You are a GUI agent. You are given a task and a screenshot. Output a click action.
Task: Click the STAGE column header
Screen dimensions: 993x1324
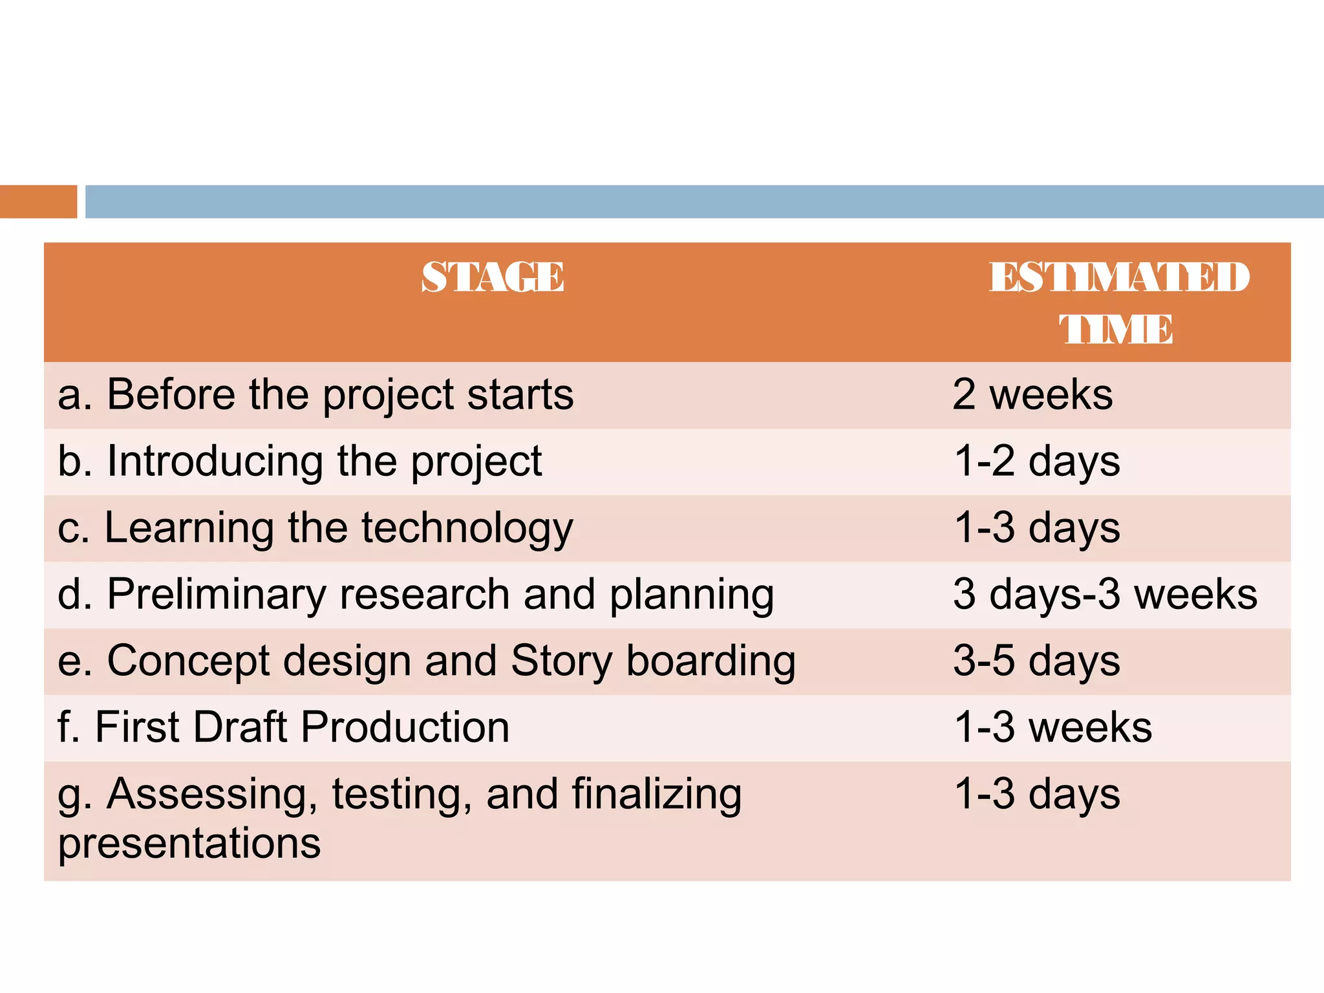pyautogui.click(x=493, y=277)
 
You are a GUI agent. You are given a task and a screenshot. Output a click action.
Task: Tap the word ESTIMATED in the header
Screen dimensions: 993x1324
pyautogui.click(x=1119, y=277)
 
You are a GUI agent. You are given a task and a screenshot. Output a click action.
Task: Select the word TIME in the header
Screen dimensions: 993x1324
pyautogui.click(x=1116, y=329)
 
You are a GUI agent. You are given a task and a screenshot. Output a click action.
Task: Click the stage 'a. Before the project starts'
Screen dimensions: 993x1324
pyautogui.click(x=315, y=394)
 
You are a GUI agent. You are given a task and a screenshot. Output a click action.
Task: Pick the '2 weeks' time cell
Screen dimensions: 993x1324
pyautogui.click(x=1032, y=394)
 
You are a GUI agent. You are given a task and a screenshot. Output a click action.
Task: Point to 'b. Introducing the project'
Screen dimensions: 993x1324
pyautogui.click(x=299, y=462)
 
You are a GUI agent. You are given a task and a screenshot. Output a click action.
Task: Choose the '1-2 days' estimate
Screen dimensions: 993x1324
pyautogui.click(x=1037, y=462)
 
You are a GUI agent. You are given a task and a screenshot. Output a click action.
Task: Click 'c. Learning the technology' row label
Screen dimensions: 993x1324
pyautogui.click(x=315, y=528)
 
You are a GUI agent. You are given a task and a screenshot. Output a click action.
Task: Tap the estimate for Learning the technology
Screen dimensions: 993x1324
pyautogui.click(x=1037, y=528)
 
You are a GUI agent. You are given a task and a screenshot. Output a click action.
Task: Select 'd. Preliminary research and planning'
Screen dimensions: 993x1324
pyautogui.click(x=416, y=595)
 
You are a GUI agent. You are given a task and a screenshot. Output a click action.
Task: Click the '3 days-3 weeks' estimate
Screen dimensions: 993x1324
pyautogui.click(x=1105, y=595)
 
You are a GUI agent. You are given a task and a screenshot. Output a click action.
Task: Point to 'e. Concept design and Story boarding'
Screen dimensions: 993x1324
pyautogui.click(x=427, y=661)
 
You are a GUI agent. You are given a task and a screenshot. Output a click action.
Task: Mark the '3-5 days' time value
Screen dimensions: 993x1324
pyautogui.click(x=1037, y=661)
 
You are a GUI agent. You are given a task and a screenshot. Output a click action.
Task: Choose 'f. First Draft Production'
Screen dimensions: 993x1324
pyautogui.click(x=283, y=727)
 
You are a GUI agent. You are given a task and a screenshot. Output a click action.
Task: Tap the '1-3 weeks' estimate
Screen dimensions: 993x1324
pyautogui.click(x=1053, y=727)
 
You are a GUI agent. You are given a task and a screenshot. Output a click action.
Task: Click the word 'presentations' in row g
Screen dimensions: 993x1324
pyautogui.click(x=189, y=843)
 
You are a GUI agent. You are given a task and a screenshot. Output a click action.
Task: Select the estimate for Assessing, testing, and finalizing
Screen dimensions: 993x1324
pyautogui.click(x=1037, y=794)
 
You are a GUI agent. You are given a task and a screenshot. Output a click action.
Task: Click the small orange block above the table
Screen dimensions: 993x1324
pyautogui.click(x=38, y=202)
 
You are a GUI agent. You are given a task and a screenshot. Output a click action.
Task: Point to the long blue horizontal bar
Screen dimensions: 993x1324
pyautogui.click(x=704, y=202)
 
